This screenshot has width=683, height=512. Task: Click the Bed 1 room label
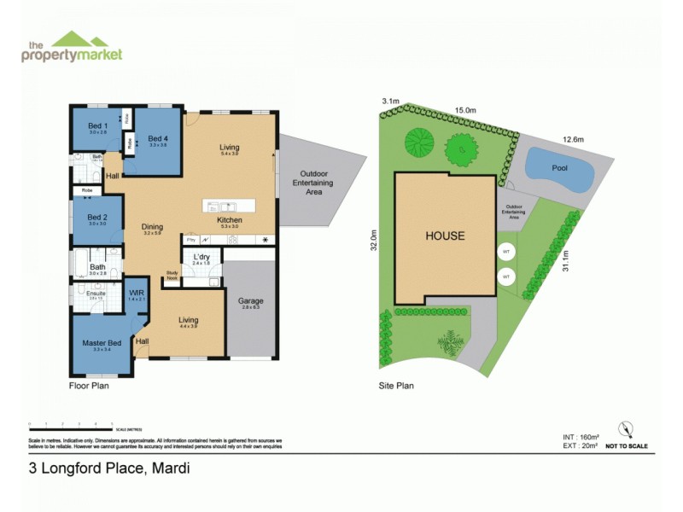pyautogui.click(x=97, y=125)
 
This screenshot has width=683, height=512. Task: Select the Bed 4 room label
pyautogui.click(x=158, y=138)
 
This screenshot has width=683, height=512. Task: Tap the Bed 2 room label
pyautogui.click(x=97, y=217)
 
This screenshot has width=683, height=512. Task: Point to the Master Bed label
pyautogui.click(x=102, y=343)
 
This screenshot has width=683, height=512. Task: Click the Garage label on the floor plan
pyautogui.click(x=251, y=301)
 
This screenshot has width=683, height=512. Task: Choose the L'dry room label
pyautogui.click(x=202, y=257)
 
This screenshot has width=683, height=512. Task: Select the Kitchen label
pyautogui.click(x=230, y=220)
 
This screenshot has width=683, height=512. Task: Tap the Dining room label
pyautogui.click(x=152, y=227)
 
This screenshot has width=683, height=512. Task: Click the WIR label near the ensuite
pyautogui.click(x=137, y=292)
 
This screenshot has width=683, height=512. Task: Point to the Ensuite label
pyautogui.click(x=96, y=294)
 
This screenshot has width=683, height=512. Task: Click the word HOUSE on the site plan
pyautogui.click(x=446, y=236)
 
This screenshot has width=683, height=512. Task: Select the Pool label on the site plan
pyautogui.click(x=559, y=168)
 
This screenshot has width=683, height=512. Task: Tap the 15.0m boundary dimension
pyautogui.click(x=464, y=110)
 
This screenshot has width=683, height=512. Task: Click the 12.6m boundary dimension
pyautogui.click(x=572, y=139)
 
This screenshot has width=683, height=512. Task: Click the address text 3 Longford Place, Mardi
pyautogui.click(x=109, y=468)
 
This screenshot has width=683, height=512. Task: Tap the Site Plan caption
pyautogui.click(x=396, y=386)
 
